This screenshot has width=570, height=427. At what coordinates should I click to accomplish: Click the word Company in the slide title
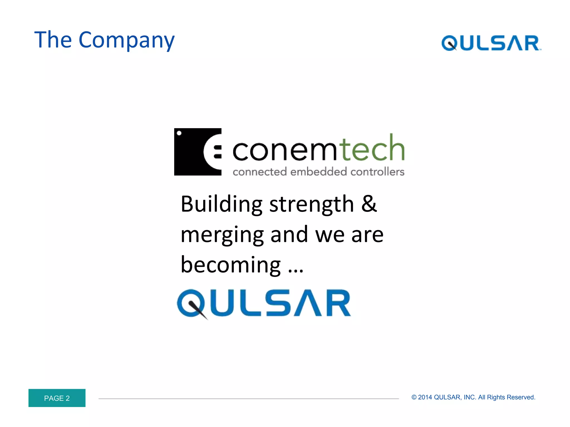pos(127,40)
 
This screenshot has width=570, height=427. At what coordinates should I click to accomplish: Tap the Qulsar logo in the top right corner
pos(491,43)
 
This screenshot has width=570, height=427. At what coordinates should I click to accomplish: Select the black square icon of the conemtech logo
pos(198,152)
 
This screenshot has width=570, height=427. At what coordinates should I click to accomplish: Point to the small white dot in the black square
pos(179,133)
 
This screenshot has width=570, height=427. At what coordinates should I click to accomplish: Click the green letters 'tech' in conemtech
pos(372,148)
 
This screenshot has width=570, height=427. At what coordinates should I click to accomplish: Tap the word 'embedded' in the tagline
pos(318,172)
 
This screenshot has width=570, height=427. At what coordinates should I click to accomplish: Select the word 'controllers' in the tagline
pos(377,172)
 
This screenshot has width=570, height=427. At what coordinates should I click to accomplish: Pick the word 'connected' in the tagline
pos(259,172)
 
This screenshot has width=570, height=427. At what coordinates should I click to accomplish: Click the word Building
pos(222,204)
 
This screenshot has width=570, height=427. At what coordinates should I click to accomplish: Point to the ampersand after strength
pos(369,204)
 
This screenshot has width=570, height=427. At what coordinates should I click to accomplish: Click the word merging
pos(222,235)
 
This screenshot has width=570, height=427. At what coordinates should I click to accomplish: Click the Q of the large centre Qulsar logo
pos(191,304)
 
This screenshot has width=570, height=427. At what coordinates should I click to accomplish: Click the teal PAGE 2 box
pos(57,398)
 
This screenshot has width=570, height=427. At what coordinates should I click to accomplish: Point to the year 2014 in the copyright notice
pos(425,397)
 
